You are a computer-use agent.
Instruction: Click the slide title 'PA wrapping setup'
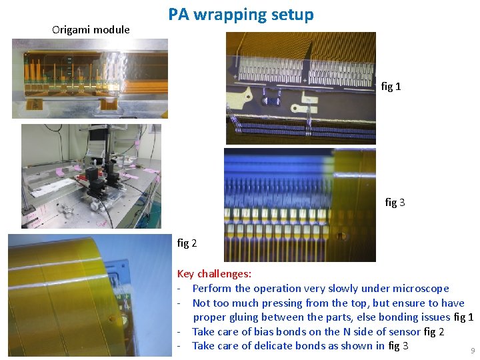(x=241, y=15)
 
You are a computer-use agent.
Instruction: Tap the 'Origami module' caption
(x=91, y=30)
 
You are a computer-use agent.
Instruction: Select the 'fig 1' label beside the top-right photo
(x=391, y=87)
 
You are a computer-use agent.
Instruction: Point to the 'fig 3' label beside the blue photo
(x=395, y=203)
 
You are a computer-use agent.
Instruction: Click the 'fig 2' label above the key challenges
(x=187, y=243)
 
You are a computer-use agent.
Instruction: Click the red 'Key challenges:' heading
(x=214, y=273)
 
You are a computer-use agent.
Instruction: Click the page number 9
(x=473, y=351)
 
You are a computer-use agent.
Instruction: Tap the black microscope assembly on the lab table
(x=101, y=181)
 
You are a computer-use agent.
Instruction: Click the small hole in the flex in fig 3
(x=341, y=236)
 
